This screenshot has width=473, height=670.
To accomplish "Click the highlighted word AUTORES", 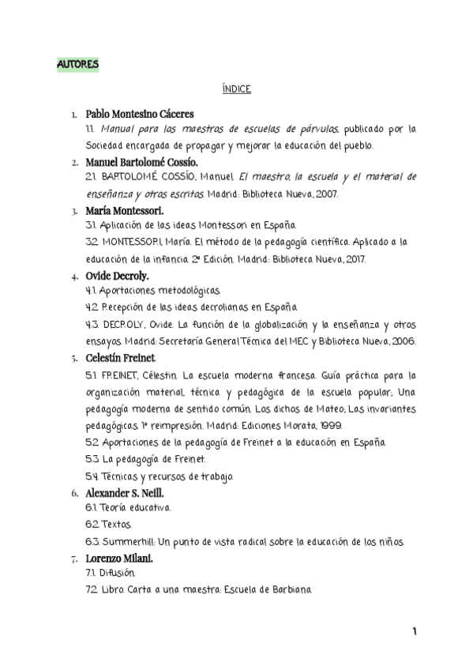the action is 78,62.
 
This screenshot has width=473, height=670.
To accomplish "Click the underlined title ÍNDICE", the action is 236,88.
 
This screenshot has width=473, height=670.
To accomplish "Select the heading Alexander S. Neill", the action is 126,493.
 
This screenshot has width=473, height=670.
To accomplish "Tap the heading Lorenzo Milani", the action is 119,559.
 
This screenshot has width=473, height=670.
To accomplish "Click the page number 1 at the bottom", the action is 414,632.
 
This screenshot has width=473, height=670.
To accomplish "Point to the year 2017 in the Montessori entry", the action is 371,259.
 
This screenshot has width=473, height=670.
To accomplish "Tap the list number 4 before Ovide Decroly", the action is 74,277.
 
